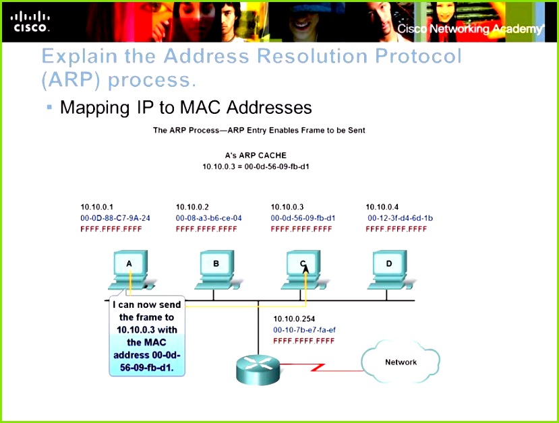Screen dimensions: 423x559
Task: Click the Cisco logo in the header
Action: [30, 22]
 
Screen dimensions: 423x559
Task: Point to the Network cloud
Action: [401, 362]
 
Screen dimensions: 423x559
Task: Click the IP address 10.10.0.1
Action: [97, 207]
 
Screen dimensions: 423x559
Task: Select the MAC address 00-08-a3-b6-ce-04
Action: [208, 218]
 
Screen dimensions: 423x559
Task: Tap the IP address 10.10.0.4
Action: [382, 207]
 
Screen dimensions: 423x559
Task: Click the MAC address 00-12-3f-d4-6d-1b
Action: [400, 218]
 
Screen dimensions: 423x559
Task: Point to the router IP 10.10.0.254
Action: [294, 319]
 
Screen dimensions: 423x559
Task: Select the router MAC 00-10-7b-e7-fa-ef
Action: [304, 330]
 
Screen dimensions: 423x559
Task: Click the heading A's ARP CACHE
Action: [256, 155]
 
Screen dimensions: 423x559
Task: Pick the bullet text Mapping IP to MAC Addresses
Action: [185, 108]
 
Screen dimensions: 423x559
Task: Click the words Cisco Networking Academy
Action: [469, 29]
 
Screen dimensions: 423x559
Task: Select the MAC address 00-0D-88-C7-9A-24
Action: [115, 218]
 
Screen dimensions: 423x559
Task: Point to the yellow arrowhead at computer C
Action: [305, 269]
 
